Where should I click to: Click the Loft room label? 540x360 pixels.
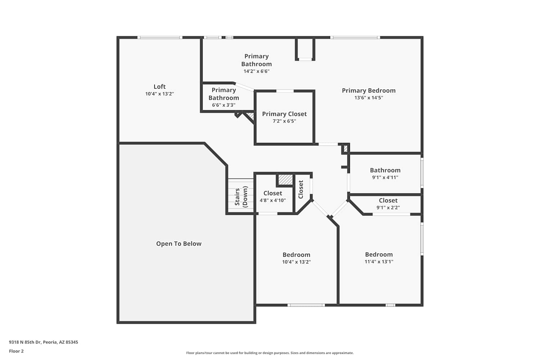[x=159, y=86]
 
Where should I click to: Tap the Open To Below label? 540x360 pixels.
[x=179, y=243]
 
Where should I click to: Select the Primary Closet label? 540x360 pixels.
[x=284, y=114]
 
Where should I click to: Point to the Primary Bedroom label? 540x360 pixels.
[x=369, y=90]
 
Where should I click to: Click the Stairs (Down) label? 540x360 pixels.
[x=241, y=197]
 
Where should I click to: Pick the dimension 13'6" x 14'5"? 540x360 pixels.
[x=369, y=98]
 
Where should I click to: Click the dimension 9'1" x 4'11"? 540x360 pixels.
[x=385, y=177]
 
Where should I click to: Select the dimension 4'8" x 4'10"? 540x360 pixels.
[x=273, y=201]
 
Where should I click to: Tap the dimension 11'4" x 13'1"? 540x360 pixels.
[x=379, y=262]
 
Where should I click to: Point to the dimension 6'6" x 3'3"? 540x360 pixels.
[x=224, y=105]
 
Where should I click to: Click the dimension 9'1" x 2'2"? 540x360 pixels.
[x=388, y=208]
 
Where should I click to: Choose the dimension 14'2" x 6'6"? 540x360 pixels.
[x=256, y=71]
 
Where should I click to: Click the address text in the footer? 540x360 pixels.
[x=44, y=342]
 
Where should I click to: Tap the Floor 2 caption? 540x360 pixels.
[x=17, y=351]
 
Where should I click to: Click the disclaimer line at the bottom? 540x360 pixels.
[x=270, y=353]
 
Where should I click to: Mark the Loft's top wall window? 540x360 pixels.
[x=160, y=37]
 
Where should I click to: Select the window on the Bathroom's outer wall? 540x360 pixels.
[x=422, y=173]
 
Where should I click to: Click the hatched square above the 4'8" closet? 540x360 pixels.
[x=286, y=180]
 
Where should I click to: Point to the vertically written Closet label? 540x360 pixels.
[x=301, y=189]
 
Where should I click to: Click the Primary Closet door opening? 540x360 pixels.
[x=285, y=91]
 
